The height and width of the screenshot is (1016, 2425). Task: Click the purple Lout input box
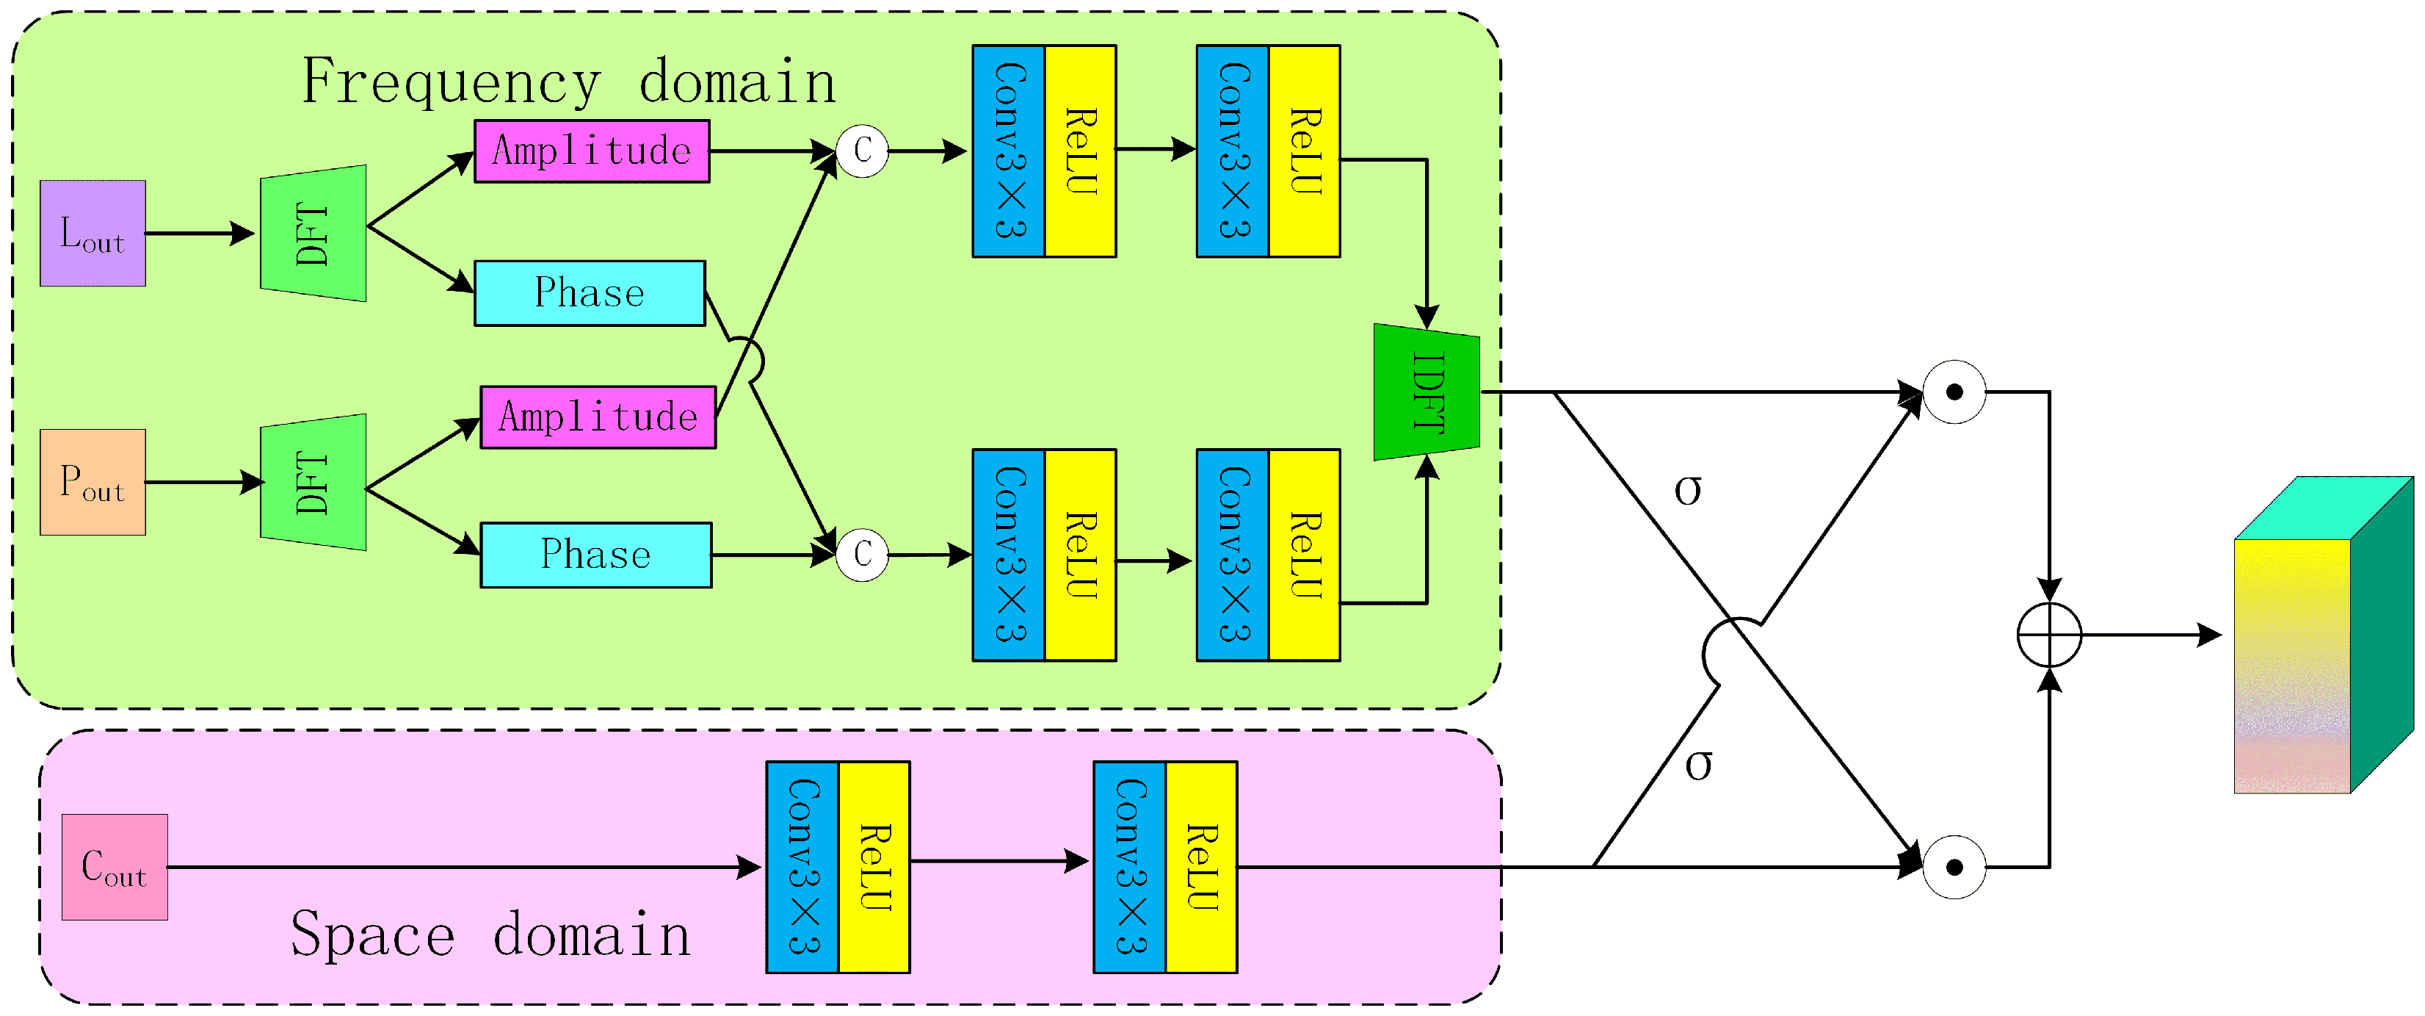(x=93, y=234)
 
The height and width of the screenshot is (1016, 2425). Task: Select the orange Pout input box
(x=93, y=482)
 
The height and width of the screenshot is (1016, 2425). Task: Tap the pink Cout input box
(x=114, y=866)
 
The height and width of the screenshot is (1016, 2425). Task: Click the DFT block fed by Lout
(x=313, y=234)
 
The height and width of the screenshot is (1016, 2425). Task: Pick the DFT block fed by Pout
(x=313, y=482)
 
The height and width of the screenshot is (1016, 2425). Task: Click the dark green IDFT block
(x=1427, y=392)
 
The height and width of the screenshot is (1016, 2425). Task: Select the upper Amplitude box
(x=591, y=151)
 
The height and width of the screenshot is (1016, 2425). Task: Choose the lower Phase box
(x=596, y=555)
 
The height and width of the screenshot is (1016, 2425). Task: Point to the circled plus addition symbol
(x=2048, y=635)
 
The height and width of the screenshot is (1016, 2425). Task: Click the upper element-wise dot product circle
(x=1954, y=392)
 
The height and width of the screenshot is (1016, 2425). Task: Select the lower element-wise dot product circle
(x=1954, y=866)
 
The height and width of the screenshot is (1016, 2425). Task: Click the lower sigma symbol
(x=1697, y=765)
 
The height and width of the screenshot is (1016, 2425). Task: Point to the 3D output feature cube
(x=2321, y=636)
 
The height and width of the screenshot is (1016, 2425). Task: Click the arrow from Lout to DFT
(x=200, y=234)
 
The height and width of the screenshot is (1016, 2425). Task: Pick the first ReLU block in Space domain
(x=874, y=866)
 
